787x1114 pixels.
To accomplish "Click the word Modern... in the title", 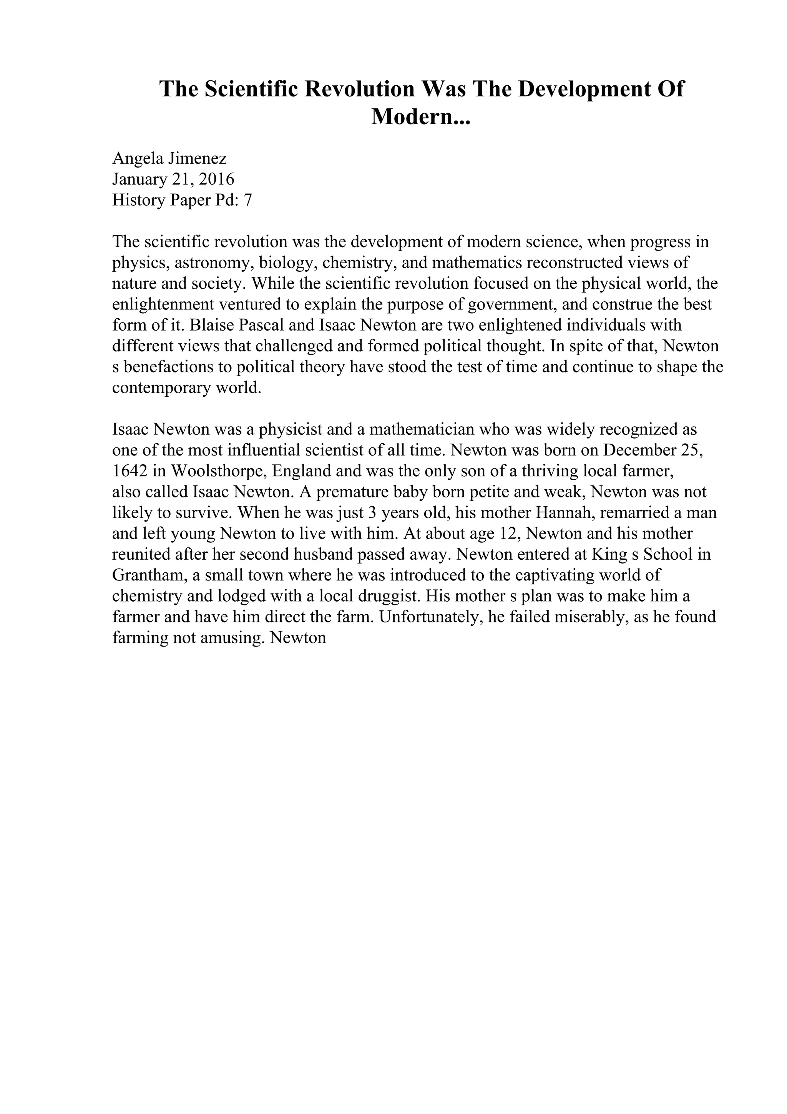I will pos(421,116).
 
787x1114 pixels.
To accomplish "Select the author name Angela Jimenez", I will pos(169,158).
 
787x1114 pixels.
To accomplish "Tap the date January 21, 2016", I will pos(173,179).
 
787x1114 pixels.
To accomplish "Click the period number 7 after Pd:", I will pos(248,200).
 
